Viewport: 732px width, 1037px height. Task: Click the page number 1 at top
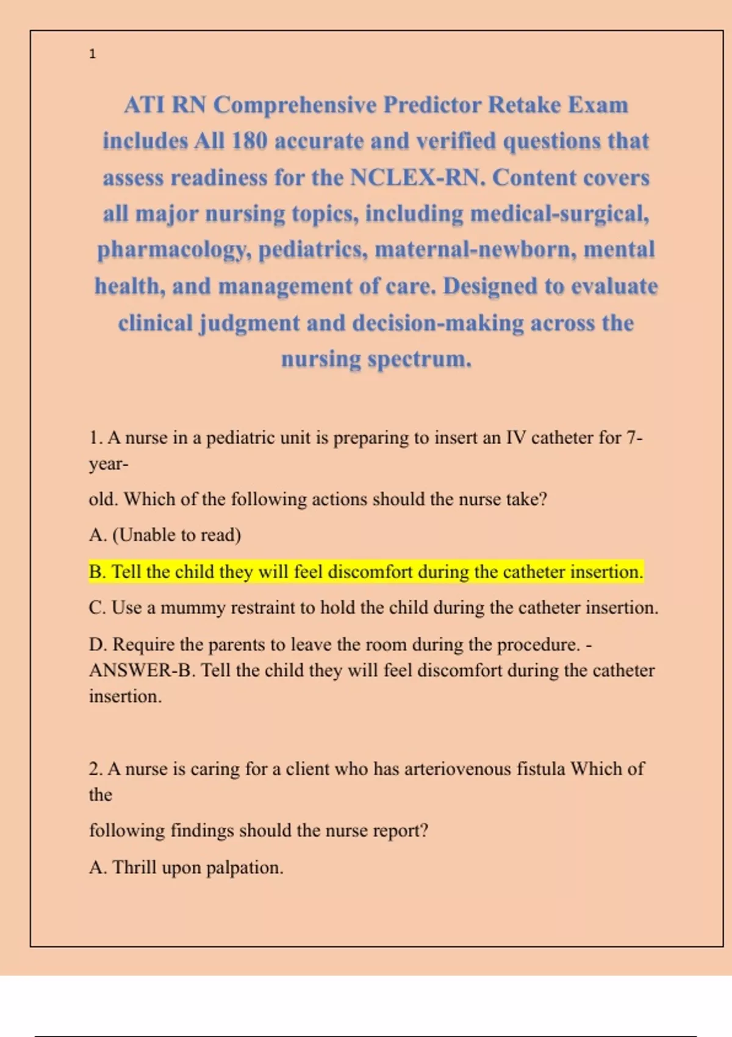pyautogui.click(x=92, y=54)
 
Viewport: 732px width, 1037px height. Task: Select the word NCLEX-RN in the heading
pyautogui.click(x=417, y=178)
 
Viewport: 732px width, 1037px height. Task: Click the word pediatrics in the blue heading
pyautogui.click(x=313, y=250)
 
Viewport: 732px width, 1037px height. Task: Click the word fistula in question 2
pyautogui.click(x=540, y=769)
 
